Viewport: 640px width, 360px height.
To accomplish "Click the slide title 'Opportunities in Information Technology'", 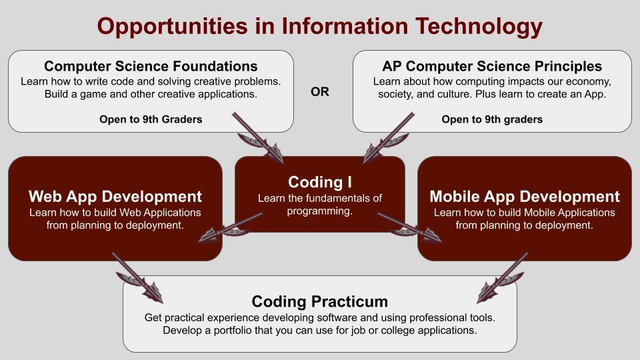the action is [319, 27].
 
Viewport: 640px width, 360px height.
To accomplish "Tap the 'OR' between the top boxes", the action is [319, 92].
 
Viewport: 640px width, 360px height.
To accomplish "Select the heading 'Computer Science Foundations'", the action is [151, 66].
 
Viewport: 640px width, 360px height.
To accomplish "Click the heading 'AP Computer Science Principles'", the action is [492, 66].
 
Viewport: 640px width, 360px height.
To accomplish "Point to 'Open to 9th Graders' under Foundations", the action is [151, 119].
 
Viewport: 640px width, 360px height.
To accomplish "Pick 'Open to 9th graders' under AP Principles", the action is [492, 119].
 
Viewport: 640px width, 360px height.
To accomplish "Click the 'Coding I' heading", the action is [319, 182].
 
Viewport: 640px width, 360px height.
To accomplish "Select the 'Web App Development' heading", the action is [115, 196].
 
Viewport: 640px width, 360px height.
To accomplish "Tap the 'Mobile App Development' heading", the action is [525, 196].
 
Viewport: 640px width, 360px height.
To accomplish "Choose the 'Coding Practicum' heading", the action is [319, 301].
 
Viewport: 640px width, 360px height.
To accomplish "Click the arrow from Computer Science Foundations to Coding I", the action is [258, 138].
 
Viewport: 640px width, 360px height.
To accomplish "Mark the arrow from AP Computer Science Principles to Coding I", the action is [389, 138].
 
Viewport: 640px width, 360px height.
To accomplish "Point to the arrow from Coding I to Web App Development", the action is [231, 227].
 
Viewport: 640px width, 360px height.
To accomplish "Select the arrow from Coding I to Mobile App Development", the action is [409, 227].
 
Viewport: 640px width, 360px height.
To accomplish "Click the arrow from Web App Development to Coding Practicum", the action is [137, 277].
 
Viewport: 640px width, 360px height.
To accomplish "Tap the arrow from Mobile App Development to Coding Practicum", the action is [502, 277].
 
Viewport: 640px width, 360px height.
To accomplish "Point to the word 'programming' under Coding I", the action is [319, 211].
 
